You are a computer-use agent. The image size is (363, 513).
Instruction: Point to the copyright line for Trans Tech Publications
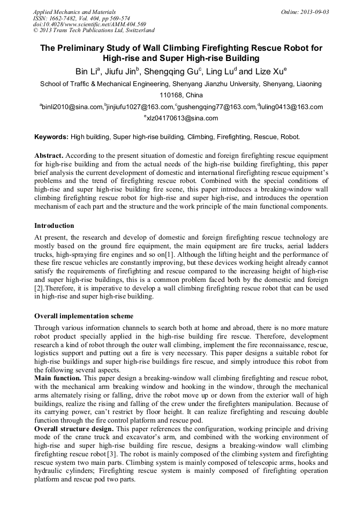[94, 30]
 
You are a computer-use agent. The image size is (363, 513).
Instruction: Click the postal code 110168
[171, 95]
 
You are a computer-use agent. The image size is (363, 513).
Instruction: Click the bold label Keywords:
[51, 137]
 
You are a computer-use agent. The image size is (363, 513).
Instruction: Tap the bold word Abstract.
[49, 155]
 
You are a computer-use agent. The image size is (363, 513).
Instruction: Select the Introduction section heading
[54, 226]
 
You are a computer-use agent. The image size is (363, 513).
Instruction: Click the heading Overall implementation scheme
[84, 316]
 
